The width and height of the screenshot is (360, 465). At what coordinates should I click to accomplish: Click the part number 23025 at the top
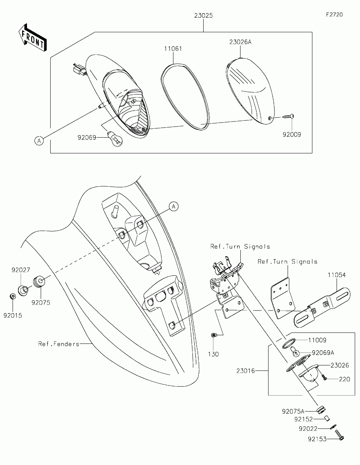click(204, 16)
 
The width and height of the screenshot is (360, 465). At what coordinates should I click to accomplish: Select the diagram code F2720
click(334, 15)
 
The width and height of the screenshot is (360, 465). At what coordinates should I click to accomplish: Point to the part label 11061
click(173, 48)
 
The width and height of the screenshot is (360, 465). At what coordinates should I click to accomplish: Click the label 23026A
click(240, 42)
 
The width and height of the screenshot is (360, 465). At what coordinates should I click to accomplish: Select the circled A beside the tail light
click(39, 141)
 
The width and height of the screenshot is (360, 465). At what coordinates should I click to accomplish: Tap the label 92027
click(21, 270)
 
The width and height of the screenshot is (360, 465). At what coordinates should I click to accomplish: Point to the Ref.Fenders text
click(59, 343)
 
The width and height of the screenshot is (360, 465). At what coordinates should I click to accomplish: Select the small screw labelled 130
click(214, 335)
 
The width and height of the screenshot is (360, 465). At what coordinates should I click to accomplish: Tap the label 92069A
click(322, 353)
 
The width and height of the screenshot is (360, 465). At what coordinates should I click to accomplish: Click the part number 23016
click(246, 371)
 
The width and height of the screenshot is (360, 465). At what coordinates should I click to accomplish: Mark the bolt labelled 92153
click(340, 435)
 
